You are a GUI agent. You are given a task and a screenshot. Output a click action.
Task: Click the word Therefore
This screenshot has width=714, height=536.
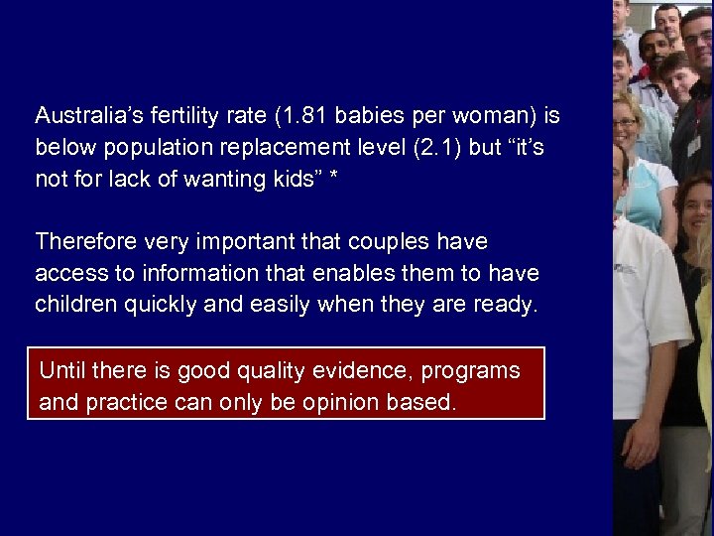click(x=86, y=241)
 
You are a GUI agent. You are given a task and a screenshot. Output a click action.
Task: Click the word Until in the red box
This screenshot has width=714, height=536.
click(x=61, y=371)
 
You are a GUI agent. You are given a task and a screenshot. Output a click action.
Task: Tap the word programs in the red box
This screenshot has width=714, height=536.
click(x=470, y=371)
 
